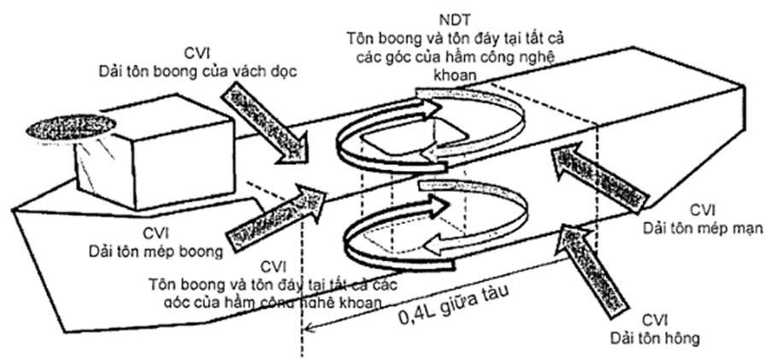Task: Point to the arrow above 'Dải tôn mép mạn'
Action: pyautogui.click(x=588, y=168)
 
